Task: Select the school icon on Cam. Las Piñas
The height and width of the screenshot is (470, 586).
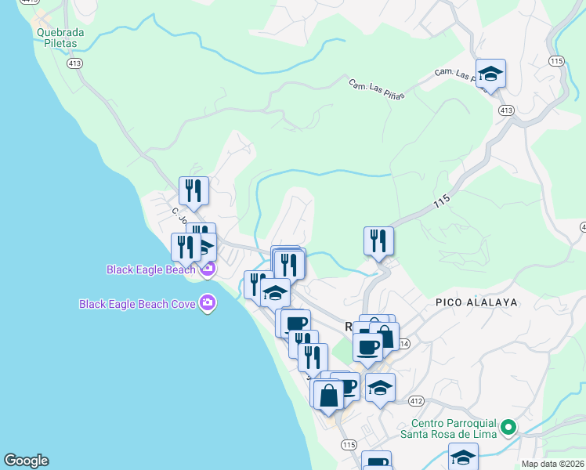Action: [x=490, y=74]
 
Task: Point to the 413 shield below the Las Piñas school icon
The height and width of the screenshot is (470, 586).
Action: [x=505, y=110]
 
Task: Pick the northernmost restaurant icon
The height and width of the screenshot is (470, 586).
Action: [x=194, y=190]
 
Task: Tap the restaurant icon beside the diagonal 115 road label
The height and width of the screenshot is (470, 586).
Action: [x=378, y=240]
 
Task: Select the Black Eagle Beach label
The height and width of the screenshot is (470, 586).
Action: [x=151, y=270]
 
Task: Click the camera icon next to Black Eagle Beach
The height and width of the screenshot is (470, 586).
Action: [x=208, y=270]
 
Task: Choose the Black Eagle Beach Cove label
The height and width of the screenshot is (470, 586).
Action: [x=139, y=303]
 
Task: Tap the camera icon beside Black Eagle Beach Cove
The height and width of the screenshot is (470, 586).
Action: [x=208, y=302]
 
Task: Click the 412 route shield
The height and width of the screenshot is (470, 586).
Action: [x=416, y=401]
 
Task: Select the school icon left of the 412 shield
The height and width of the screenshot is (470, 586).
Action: [x=380, y=388]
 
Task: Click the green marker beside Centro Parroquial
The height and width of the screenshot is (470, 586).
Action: [x=508, y=428]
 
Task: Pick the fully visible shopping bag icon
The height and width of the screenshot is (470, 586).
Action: [x=329, y=394]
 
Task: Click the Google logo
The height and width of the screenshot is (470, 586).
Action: [x=26, y=461]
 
